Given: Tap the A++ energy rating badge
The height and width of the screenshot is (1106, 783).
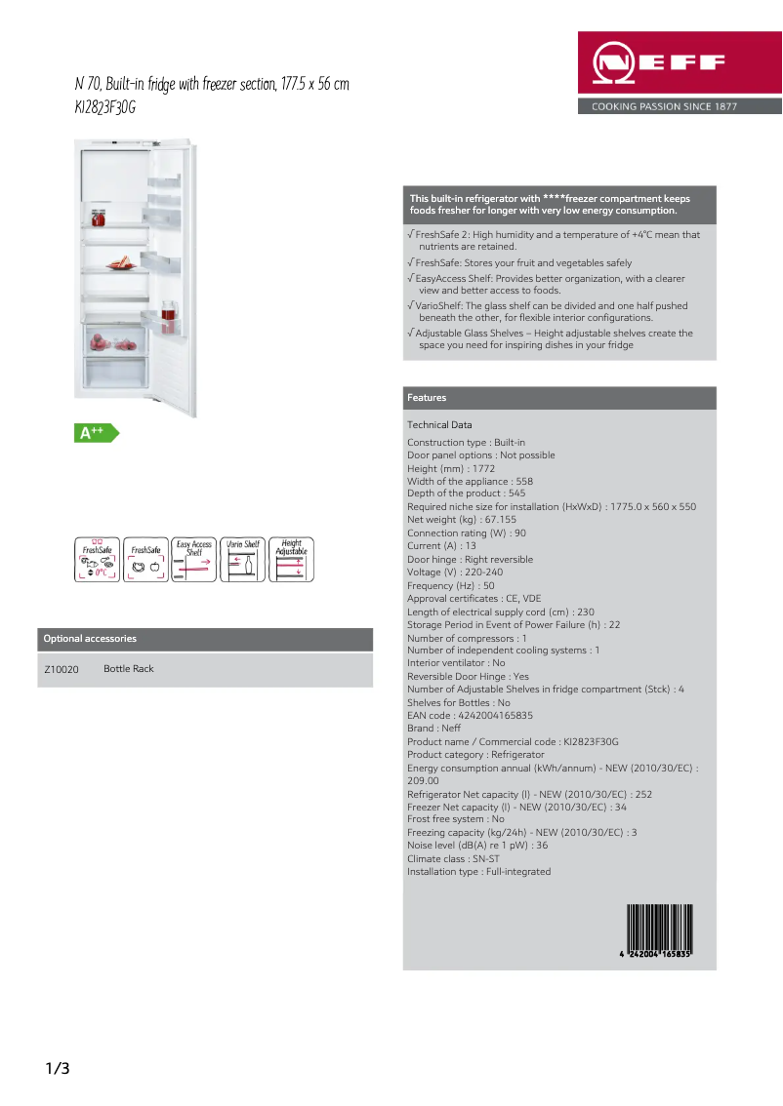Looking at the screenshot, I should pyautogui.click(x=94, y=432).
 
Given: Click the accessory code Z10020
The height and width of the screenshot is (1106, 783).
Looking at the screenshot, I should pyautogui.click(x=62, y=669).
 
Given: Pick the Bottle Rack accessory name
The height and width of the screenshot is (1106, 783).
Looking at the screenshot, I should pyautogui.click(x=129, y=669).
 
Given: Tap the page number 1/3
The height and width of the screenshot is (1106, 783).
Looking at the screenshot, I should pyautogui.click(x=58, y=1069).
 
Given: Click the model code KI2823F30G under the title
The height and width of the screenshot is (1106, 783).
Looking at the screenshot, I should pyautogui.click(x=105, y=108).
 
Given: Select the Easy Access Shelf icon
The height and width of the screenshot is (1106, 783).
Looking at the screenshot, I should pyautogui.click(x=193, y=560).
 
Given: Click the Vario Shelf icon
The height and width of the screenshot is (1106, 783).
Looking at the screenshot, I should pyautogui.click(x=242, y=560).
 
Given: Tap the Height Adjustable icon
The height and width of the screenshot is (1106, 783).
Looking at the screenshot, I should pyautogui.click(x=291, y=560).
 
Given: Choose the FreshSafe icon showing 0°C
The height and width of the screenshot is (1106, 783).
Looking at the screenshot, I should pyautogui.click(x=97, y=560).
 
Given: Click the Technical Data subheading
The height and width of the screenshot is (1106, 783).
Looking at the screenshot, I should pyautogui.click(x=439, y=425).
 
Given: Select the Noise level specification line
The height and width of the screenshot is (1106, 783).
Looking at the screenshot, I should pyautogui.click(x=476, y=846).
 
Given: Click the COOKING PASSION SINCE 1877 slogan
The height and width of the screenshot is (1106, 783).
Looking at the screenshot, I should pyautogui.click(x=664, y=107).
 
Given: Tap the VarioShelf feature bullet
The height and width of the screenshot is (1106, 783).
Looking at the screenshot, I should pyautogui.click(x=552, y=311).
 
